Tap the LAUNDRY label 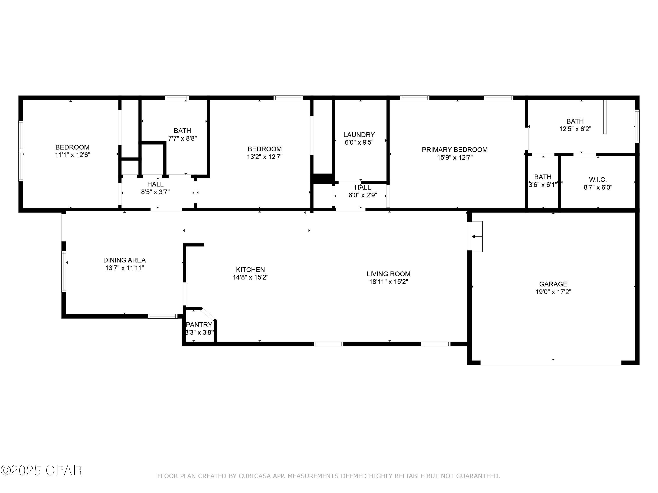(x=359, y=135)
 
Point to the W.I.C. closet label (x=598, y=180)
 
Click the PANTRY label (x=199, y=325)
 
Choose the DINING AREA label (x=124, y=260)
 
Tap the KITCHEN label (x=250, y=270)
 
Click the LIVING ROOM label (x=388, y=274)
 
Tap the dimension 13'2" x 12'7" (x=265, y=157)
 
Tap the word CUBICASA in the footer (x=255, y=476)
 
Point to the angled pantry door (x=208, y=314)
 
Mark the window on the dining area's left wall (x=64, y=272)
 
